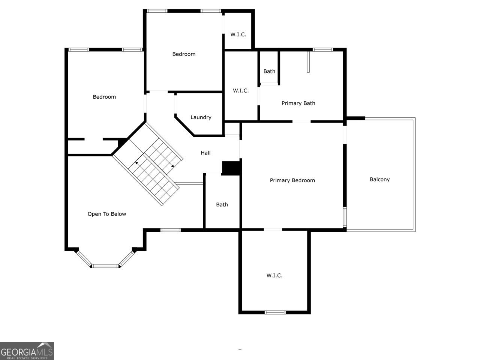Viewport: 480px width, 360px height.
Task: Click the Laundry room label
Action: coord(201,117)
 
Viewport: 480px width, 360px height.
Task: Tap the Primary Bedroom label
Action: coord(292,180)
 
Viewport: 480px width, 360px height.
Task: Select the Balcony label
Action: coord(379,179)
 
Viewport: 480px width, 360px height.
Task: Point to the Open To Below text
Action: coord(107,214)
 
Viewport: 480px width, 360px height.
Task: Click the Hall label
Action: coord(205,153)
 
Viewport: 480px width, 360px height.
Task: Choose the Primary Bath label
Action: coord(298,103)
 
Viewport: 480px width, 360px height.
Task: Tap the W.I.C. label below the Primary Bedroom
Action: coord(274,275)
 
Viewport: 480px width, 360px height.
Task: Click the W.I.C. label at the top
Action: coord(238,34)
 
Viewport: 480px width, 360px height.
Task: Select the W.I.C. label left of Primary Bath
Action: coord(240,90)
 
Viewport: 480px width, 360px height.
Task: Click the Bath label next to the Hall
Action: coord(222,204)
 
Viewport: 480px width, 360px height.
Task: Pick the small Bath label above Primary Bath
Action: coord(269,71)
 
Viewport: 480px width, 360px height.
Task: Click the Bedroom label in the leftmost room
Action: coord(104,97)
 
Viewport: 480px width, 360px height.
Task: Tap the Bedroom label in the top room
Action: coord(184,54)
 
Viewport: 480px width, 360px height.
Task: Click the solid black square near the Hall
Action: coord(231,168)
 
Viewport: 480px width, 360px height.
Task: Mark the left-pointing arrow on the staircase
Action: coord(136,163)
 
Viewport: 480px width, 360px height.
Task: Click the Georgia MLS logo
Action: coord(27,351)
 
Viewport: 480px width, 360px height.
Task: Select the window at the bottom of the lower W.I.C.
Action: coord(275,312)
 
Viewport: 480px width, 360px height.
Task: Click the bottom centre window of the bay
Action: coord(105,266)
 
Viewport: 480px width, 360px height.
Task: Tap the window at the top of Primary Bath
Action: coord(322,49)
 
